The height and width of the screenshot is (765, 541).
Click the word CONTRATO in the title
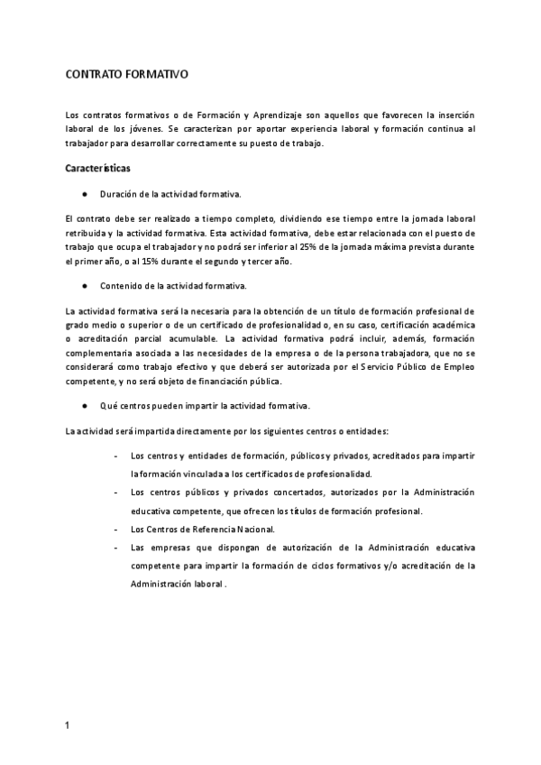point(93,77)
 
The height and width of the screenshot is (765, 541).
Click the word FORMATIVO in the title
point(156,77)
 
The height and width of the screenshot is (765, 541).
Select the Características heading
point(98,169)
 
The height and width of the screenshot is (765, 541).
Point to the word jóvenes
point(133,129)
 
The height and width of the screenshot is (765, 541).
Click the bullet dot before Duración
point(83,194)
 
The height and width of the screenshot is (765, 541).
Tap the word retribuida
point(87,233)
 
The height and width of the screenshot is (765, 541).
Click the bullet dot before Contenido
point(83,286)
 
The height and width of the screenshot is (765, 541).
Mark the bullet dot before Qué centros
point(83,406)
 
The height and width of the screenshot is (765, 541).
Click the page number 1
point(68,725)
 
